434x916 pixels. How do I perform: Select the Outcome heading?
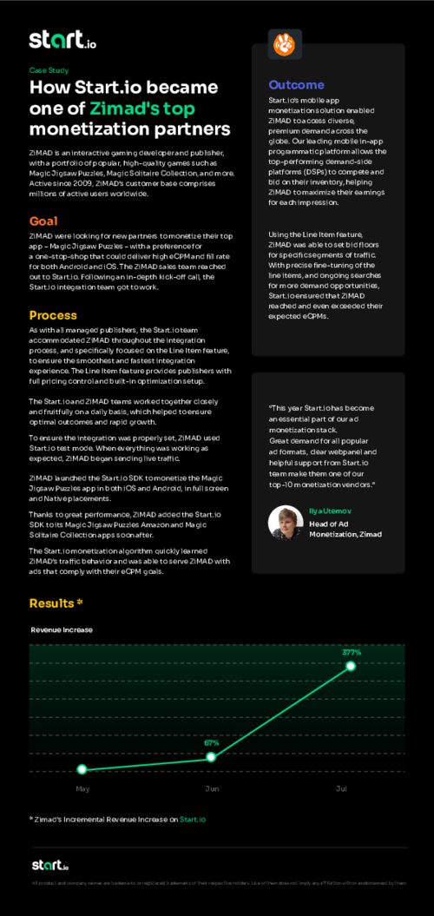296,85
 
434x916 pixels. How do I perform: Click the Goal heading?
43,221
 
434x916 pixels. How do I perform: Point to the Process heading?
53,315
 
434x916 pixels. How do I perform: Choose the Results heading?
56,603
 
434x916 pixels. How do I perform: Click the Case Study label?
49,69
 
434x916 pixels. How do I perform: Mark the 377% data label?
352,652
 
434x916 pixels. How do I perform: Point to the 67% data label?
212,743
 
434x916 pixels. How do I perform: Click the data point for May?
82,769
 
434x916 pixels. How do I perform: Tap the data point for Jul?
352,666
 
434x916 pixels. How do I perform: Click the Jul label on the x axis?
342,788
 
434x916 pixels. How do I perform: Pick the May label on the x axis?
82,788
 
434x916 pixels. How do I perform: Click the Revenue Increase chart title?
61,629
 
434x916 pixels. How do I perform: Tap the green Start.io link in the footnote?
193,819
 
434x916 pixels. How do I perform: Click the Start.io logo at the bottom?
49,865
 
